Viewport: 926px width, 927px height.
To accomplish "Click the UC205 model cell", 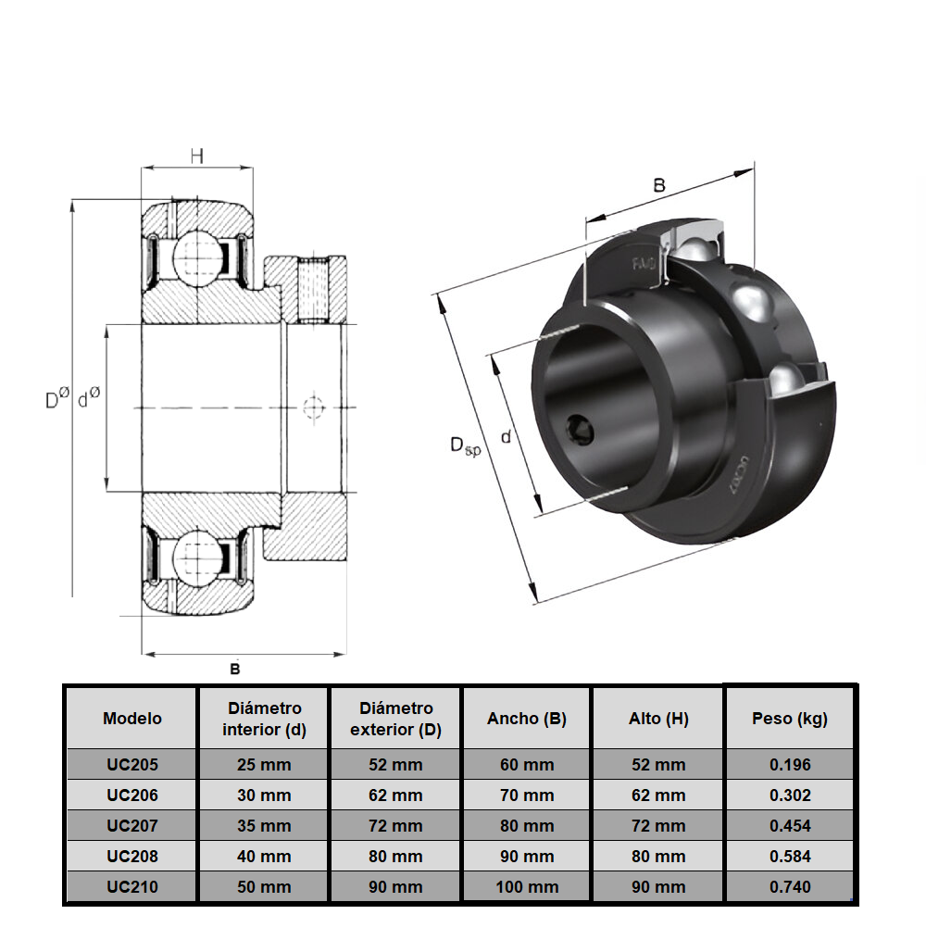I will coord(131,765).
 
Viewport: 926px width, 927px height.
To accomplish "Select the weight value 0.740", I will coord(790,886).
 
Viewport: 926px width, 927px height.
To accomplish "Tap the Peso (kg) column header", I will coord(790,719).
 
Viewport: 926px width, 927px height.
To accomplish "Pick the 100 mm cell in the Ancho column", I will coord(527,886).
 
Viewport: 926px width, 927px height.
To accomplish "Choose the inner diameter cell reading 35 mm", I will coord(264,826).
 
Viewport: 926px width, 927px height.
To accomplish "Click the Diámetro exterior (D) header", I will coord(396,719).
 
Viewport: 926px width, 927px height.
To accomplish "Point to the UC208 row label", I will coord(131,857).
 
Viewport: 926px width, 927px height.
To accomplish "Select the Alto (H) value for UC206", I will coord(658,795).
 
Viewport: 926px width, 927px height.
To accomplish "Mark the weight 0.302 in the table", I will coord(790,795).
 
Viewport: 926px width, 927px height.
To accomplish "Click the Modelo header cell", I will coord(131,719).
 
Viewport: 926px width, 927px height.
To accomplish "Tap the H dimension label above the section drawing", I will coord(196,157).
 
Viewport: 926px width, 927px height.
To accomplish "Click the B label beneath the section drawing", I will coord(235,669).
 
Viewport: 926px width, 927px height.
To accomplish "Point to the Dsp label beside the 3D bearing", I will coord(465,446).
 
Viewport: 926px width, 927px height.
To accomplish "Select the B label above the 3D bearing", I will coord(659,185).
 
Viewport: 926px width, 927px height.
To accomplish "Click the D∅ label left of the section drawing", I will coord(56,399).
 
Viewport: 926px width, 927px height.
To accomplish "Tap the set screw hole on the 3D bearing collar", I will coord(579,431).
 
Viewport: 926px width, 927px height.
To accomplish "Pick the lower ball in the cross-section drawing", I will coord(197,558).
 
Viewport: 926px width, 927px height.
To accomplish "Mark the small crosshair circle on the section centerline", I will coord(313,407).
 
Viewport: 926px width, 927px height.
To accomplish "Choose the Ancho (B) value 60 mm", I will coord(527,765).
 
